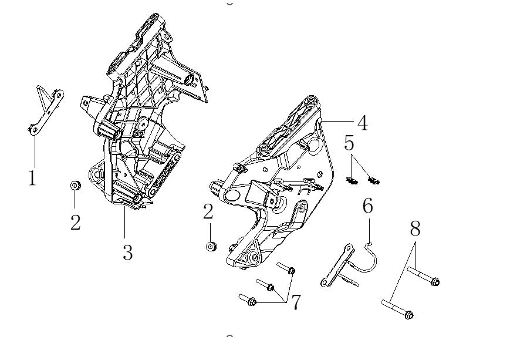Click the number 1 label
pyautogui.click(x=32, y=177)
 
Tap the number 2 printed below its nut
pyautogui.click(x=75, y=223)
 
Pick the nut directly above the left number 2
pyautogui.click(x=75, y=186)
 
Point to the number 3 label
pyautogui.click(x=127, y=253)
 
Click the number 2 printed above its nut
pyautogui.click(x=208, y=211)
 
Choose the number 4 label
pyautogui.click(x=362, y=123)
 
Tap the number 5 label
pyautogui.click(x=350, y=143)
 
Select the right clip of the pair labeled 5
pyautogui.click(x=373, y=180)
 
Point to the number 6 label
pyautogui.click(x=367, y=206)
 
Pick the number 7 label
pyautogui.click(x=296, y=302)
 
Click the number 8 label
pyautogui.click(x=415, y=228)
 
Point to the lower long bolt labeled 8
pyautogui.click(x=397, y=309)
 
